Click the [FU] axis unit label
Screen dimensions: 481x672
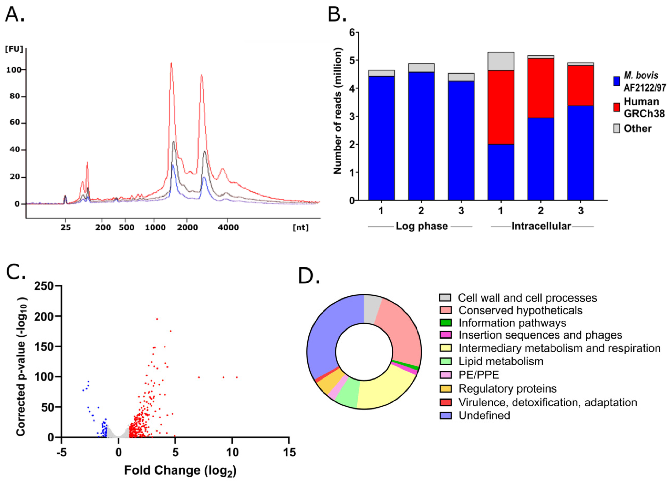pos(14,49)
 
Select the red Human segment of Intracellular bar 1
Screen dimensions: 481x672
pos(500,107)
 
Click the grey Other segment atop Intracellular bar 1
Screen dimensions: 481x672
pos(500,61)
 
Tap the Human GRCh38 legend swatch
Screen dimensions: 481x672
pos(617,107)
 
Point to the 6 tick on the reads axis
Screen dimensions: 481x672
pos(352,32)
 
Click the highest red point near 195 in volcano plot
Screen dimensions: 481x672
pos(157,319)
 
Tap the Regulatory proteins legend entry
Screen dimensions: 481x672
pos(507,389)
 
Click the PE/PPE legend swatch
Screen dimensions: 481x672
pos(445,375)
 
